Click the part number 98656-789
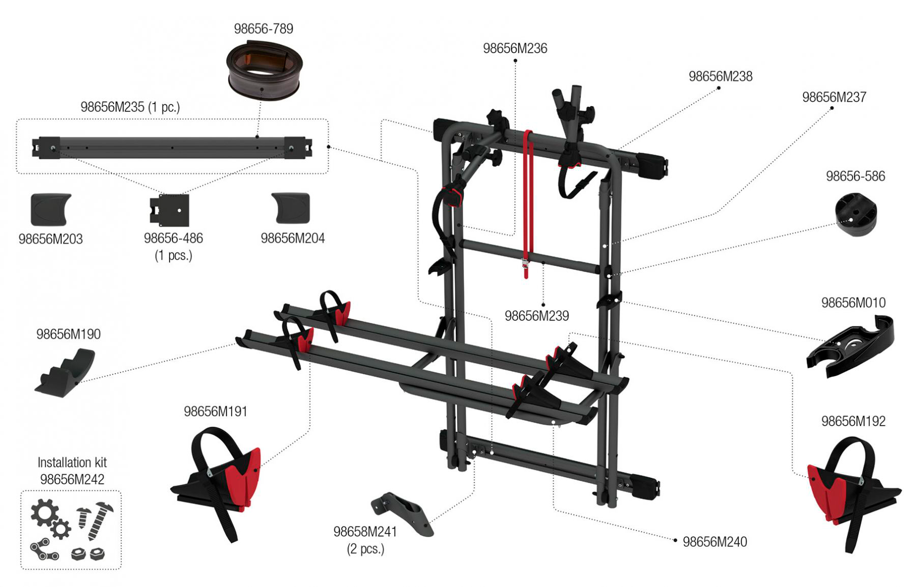pyautogui.click(x=264, y=29)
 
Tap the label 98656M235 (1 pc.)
pyautogui.click(x=130, y=107)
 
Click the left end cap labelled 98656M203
pyautogui.click(x=51, y=210)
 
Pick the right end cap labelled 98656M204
pyautogui.click(x=291, y=208)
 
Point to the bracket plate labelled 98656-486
pyautogui.click(x=170, y=210)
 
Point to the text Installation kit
pyautogui.click(x=72, y=462)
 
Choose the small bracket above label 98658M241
pyautogui.click(x=402, y=513)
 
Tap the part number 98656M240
pyautogui.click(x=715, y=542)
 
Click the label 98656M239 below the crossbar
pyautogui.click(x=537, y=316)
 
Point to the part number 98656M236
pyautogui.click(x=515, y=48)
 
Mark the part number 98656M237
pyautogui.click(x=834, y=97)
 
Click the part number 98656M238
pyautogui.click(x=721, y=76)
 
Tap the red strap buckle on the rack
pyautogui.click(x=526, y=263)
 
